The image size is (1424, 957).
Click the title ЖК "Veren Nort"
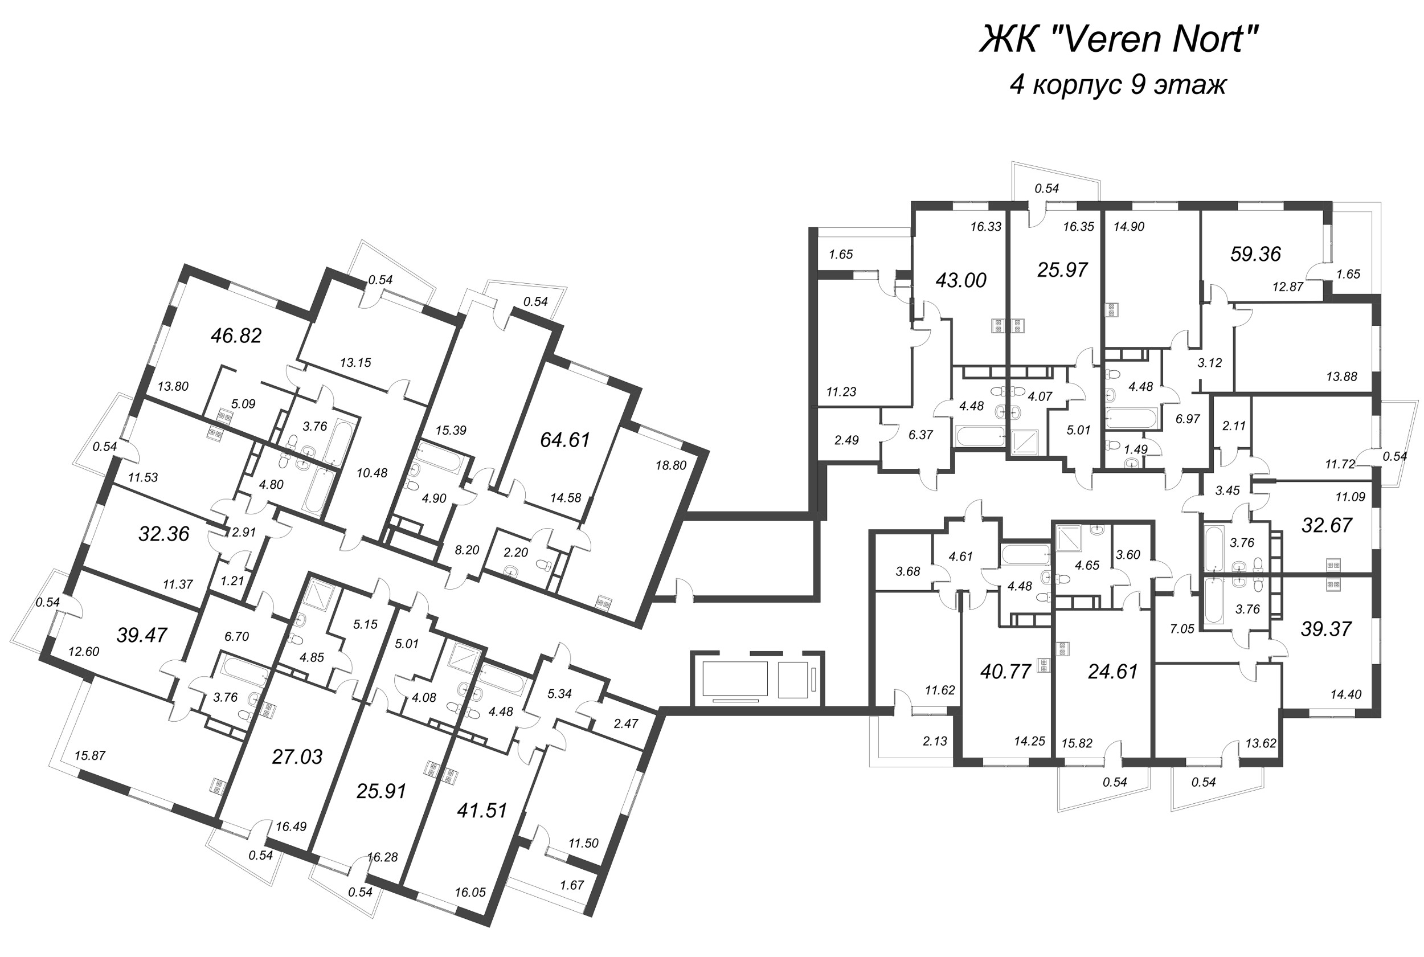coord(1119,40)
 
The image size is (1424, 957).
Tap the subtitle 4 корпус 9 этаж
coord(1118,84)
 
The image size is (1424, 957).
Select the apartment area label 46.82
coord(236,336)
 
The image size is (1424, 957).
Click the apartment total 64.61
coord(565,440)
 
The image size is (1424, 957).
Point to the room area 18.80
coord(670,465)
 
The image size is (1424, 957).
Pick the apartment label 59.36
coord(1255,254)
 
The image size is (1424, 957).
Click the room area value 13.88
coord(1341,377)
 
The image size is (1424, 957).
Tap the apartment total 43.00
coord(961,280)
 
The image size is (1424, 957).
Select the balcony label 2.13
coord(935,741)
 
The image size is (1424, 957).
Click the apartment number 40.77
coord(1005,672)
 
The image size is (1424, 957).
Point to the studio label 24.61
coord(1113,672)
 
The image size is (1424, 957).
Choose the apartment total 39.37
coord(1326,629)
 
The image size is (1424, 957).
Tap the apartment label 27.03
coord(297,758)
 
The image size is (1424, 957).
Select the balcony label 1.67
coord(572,885)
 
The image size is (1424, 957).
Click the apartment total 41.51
coord(482,811)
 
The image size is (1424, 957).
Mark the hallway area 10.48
coord(371,473)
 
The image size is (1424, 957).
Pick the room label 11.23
coord(841,392)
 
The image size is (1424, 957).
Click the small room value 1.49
coord(1135,449)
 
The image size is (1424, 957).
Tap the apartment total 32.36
coord(163,534)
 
